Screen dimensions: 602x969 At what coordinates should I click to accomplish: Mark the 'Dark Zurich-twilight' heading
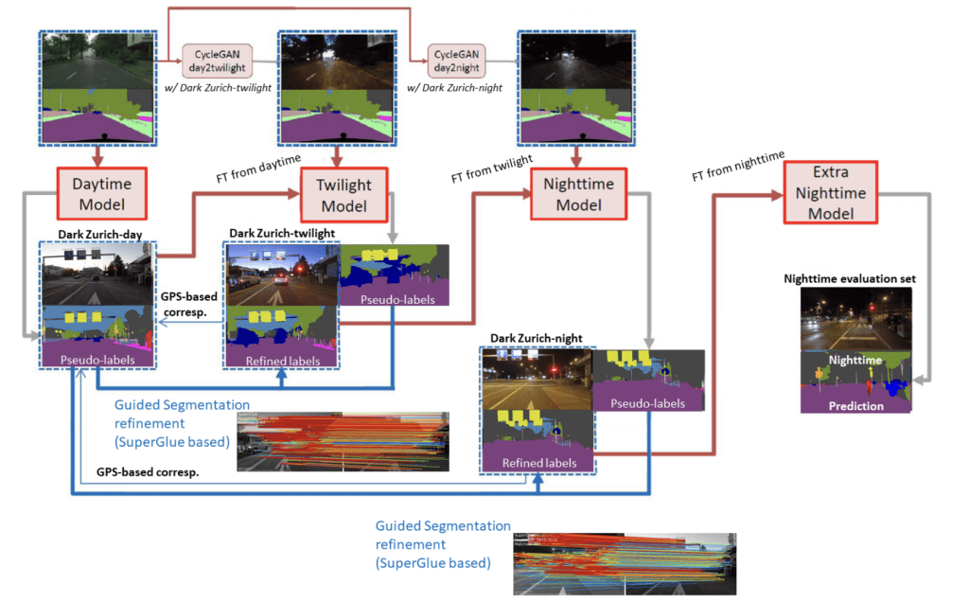[x=283, y=233]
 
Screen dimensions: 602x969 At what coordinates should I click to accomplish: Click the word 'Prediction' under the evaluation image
[x=856, y=405]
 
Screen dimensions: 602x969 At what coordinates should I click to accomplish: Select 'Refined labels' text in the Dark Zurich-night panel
[x=537, y=463]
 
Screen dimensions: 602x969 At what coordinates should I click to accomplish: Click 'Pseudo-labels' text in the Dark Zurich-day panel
[x=96, y=361]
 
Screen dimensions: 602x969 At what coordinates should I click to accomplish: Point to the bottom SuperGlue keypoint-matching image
[x=624, y=563]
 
